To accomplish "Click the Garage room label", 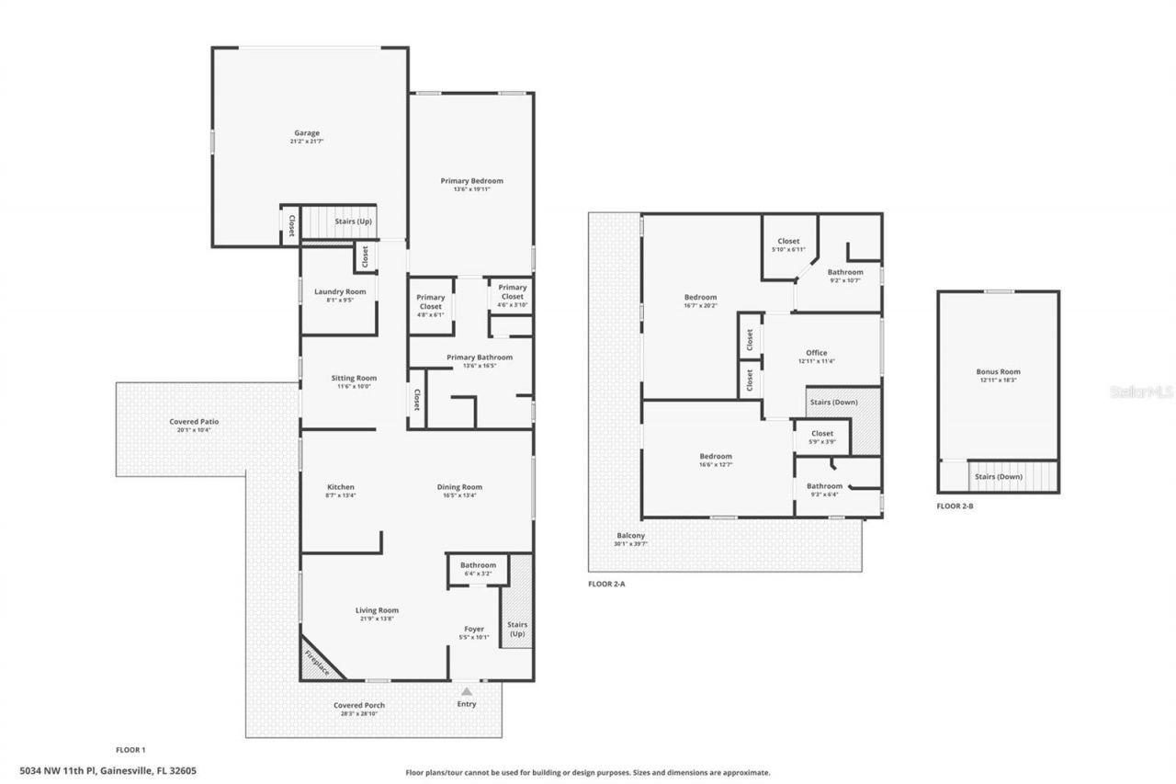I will (x=307, y=133).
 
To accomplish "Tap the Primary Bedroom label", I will (x=471, y=181).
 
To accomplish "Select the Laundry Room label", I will (x=340, y=292).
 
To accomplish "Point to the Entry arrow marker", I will (x=467, y=691).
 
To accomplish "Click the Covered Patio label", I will (x=194, y=422).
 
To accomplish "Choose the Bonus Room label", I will (x=998, y=372).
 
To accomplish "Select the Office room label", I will (x=816, y=353).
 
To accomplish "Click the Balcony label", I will (x=630, y=536).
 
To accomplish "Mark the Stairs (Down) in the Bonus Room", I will (x=998, y=477).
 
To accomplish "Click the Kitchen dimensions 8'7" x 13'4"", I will (x=341, y=495).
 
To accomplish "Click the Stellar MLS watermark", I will (x=1141, y=392).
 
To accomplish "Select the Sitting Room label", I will (x=354, y=378).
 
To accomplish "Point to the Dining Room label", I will (x=459, y=487).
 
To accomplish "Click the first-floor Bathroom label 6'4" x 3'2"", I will (x=478, y=565).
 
